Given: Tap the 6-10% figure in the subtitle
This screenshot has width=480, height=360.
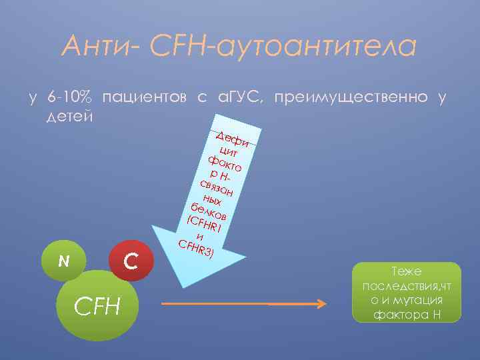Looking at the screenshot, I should tap(71, 99).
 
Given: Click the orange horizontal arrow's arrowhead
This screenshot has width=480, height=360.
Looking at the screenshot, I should tap(321, 303).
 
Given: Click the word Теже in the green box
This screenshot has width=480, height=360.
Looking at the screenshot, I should tap(409, 272).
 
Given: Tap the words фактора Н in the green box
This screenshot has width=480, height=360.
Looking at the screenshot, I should tap(408, 314).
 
